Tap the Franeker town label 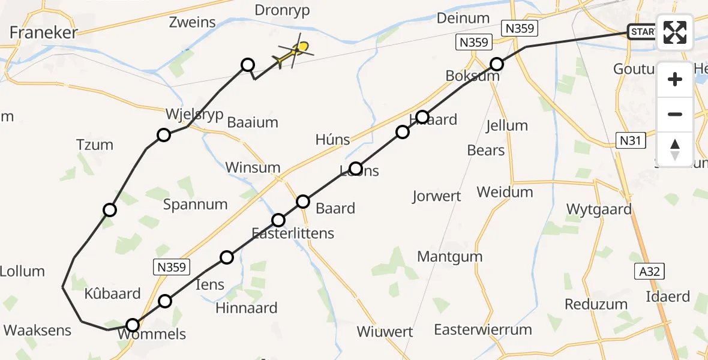click(x=44, y=32)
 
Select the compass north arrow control click(x=675, y=149)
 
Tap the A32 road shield click(x=649, y=272)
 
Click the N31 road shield click(x=629, y=141)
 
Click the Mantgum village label click(x=450, y=256)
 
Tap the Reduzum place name click(x=596, y=304)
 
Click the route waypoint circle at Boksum click(x=497, y=64)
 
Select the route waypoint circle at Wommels click(x=133, y=325)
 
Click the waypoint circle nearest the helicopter click(x=247, y=65)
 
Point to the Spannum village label click(x=196, y=204)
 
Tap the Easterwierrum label click(x=483, y=329)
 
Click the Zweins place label click(x=192, y=23)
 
